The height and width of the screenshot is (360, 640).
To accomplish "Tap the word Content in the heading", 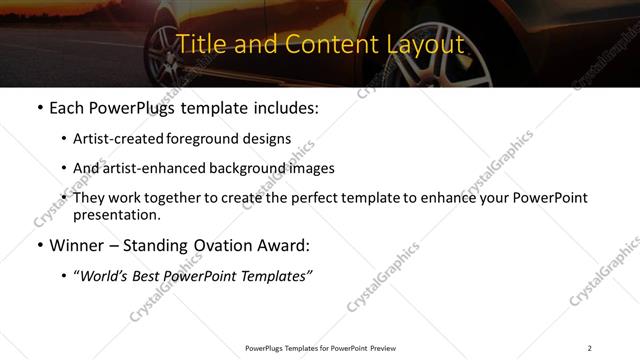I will point(320,44).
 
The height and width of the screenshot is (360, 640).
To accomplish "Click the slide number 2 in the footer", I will point(590,348).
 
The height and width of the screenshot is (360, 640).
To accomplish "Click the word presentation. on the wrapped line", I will point(116,214).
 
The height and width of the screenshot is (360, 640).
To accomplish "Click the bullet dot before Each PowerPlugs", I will point(38,107).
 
